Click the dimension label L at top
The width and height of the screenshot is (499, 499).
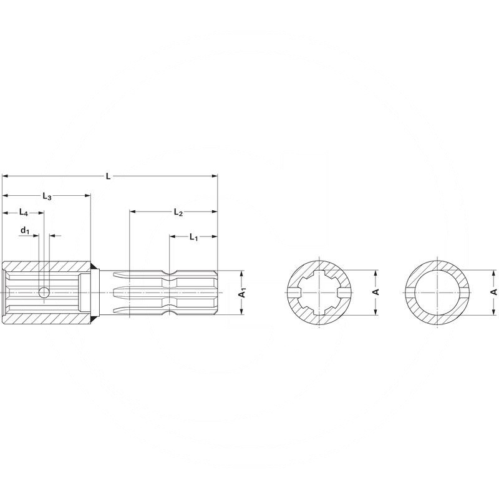108,176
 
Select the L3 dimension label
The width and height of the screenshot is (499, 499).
47,196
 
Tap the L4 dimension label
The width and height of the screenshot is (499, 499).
24,212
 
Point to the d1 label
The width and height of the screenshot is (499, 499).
25,230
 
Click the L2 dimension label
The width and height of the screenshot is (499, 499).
178,212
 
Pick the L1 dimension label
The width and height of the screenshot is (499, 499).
193,237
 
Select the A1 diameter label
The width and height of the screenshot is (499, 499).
243,292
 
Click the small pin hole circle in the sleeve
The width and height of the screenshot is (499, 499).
44,292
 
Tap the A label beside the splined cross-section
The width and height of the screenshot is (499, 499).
376,292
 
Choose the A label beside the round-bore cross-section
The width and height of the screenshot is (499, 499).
493,292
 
